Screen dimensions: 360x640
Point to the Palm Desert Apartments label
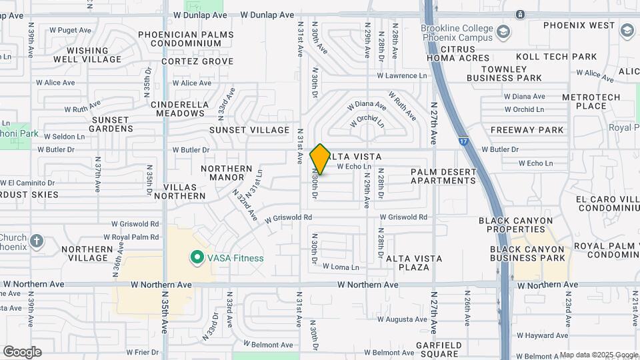click(443, 176)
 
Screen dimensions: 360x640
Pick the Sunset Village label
click(249, 130)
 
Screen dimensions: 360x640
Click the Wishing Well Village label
click(87, 55)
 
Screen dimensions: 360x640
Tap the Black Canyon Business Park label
click(527, 253)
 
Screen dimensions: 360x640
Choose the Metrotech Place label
click(591, 101)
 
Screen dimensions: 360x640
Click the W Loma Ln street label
click(341, 267)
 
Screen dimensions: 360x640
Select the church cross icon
click(37, 240)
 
